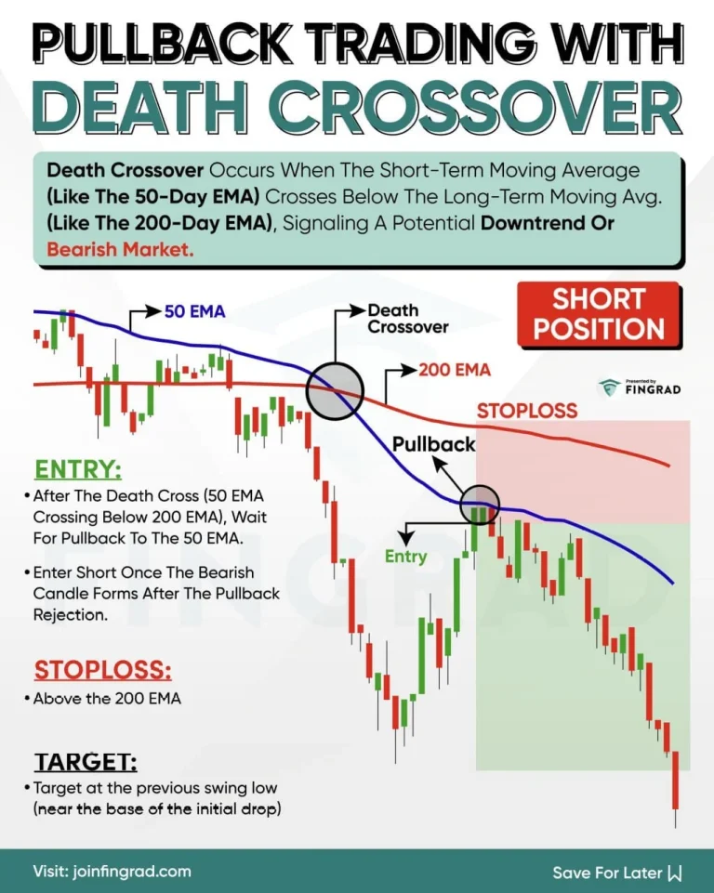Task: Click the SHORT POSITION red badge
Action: (609, 314)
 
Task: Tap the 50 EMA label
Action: (194, 311)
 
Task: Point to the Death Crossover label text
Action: (407, 319)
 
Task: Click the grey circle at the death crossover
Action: (334, 390)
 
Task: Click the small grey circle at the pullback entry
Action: (480, 504)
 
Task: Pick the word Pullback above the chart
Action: (433, 444)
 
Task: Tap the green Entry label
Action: (405, 556)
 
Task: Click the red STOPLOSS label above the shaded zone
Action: (527, 410)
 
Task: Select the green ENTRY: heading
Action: (78, 468)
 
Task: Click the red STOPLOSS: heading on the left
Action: (102, 670)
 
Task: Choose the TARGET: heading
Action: (86, 763)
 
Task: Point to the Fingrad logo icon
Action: (610, 388)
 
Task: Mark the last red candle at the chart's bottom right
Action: (676, 781)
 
